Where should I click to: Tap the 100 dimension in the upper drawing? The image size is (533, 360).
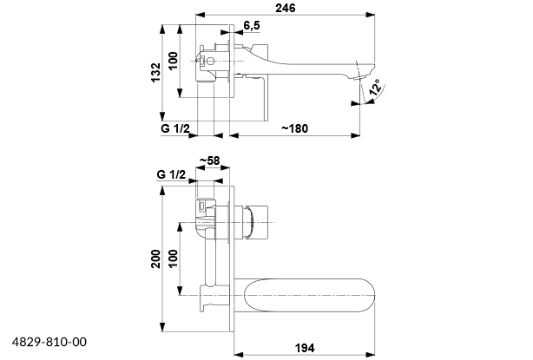173,61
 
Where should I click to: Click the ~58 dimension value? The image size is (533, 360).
209,160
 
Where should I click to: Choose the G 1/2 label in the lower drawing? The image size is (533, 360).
172,174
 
